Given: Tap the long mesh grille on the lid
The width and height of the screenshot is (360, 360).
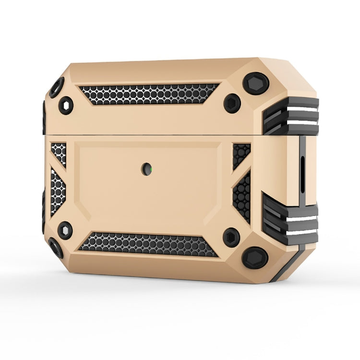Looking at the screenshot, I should point(149,94).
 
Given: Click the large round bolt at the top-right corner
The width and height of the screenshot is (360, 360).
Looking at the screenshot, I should point(255,83).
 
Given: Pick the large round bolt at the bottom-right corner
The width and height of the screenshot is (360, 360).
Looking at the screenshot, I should point(254,258).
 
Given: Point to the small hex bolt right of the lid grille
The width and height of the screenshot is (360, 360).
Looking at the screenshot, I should point(232,103).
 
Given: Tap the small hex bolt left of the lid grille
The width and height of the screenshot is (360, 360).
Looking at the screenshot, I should point(66,105).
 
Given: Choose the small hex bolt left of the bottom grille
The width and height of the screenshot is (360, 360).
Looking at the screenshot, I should point(65,230).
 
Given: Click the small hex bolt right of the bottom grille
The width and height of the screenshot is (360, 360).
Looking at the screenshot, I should point(232,237).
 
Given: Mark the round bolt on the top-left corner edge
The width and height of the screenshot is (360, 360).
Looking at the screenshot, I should point(56,87).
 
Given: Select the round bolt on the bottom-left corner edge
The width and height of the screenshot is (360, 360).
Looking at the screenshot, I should point(56,247).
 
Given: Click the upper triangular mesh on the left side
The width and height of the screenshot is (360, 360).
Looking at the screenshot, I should point(59,153).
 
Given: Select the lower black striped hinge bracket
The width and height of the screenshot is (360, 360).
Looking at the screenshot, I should point(290,219).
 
